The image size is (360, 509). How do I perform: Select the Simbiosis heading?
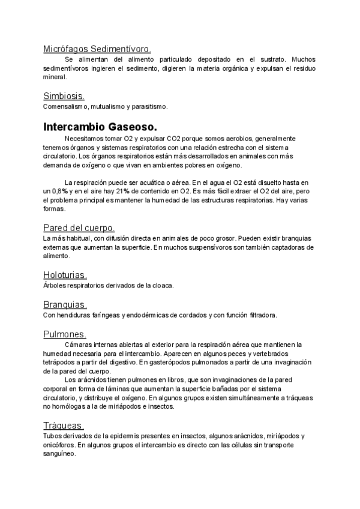pos(64,95)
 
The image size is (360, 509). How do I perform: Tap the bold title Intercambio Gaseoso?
pos(100,127)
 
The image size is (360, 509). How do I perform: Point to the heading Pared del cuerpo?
pos(79,227)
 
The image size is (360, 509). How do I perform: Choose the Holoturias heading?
pos(65,275)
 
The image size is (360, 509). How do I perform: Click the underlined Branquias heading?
pos(65,304)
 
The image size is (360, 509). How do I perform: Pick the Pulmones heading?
pos(65,334)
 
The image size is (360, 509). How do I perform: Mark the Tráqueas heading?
pos(64,425)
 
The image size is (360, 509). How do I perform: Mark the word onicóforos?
pos(59,445)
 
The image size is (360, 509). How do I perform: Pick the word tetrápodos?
pos(59,362)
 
